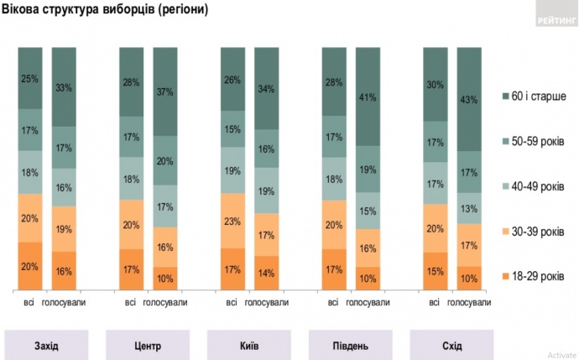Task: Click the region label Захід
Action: [47, 345]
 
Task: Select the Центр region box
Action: [147, 345]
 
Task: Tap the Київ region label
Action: [248, 345]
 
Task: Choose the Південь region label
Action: [351, 345]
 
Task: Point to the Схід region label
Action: [451, 345]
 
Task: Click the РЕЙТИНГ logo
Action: [555, 21]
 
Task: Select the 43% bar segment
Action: [468, 100]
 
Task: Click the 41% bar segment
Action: [368, 97]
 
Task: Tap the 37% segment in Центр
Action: [165, 91]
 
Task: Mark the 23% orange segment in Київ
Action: [232, 221]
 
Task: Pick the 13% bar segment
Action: [468, 208]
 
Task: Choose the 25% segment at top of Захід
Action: [30, 79]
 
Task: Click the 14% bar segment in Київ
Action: [266, 273]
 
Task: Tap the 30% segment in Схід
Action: [434, 84]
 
